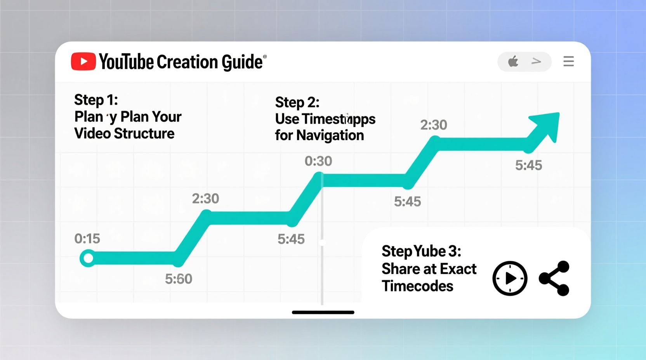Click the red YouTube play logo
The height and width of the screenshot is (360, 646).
coord(83,62)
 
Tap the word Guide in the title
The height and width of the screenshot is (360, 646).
coord(242,62)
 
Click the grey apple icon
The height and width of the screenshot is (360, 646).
coord(513,61)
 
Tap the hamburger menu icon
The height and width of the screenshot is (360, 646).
coord(568,61)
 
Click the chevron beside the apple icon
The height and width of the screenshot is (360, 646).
coord(536,61)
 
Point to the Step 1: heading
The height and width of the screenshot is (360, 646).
coord(96,100)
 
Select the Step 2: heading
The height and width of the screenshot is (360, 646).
coord(297,102)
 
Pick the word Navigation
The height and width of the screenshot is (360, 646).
coord(330,135)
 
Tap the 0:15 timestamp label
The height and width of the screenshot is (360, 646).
coord(87,239)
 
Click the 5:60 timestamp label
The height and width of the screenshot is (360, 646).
coord(179,279)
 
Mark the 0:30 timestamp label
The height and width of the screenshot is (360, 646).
coord(318,161)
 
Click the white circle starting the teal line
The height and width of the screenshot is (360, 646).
coord(89,258)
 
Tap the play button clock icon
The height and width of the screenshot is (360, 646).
coord(510,279)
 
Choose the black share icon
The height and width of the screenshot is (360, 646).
coord(554,279)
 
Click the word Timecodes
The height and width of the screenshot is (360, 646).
coord(417,286)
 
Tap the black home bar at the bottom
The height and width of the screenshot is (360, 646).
coord(323,312)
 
